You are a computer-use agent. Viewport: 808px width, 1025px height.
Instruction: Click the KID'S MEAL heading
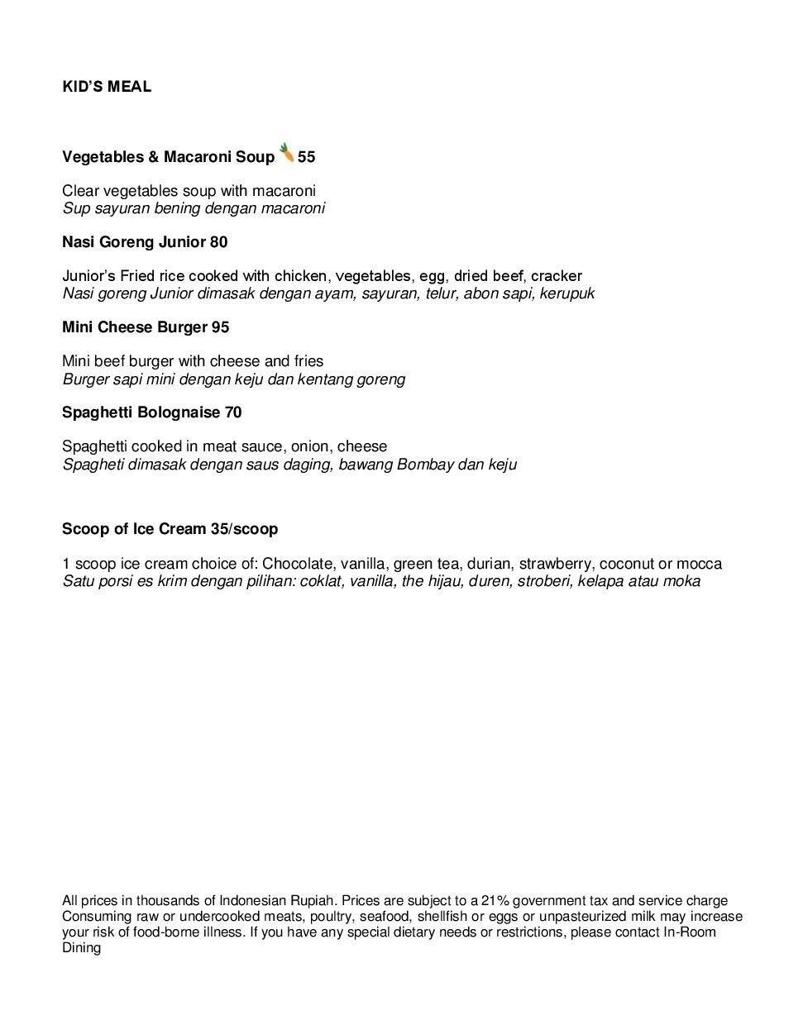click(107, 87)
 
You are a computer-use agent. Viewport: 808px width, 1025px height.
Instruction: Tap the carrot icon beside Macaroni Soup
click(287, 153)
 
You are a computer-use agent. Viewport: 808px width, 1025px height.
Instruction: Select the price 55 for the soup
click(307, 157)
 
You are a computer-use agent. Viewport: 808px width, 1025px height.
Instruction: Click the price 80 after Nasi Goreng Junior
click(218, 242)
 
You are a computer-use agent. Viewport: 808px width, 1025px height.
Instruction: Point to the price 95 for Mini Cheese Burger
click(220, 327)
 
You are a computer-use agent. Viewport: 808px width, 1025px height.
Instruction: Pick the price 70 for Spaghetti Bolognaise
click(233, 412)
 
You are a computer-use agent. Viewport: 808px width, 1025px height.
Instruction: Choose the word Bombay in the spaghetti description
click(425, 465)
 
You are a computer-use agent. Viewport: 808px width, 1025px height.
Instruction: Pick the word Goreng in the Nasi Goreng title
click(127, 242)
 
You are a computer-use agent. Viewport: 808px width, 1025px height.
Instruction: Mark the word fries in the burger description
click(308, 361)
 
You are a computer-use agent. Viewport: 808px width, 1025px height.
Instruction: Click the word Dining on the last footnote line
click(81, 948)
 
